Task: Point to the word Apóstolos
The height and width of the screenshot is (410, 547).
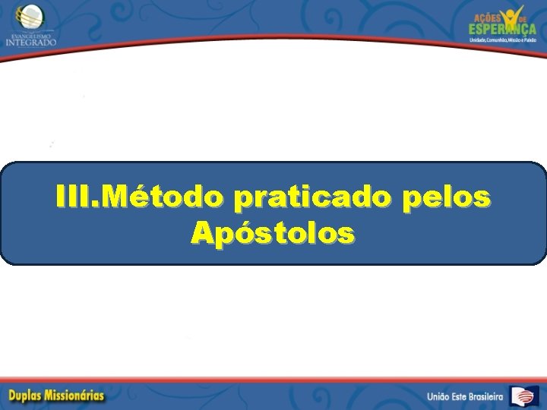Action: pos(273,232)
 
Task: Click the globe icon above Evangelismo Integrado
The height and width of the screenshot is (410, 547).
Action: pos(30,14)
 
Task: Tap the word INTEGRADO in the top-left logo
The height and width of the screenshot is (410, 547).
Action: pos(30,42)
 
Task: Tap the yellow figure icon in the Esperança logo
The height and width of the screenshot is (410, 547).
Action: pos(514,15)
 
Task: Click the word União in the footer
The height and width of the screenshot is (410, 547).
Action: pos(441,396)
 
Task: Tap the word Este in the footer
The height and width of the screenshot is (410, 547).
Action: pos(465,396)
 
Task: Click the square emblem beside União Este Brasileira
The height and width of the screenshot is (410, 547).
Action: pos(524,396)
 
